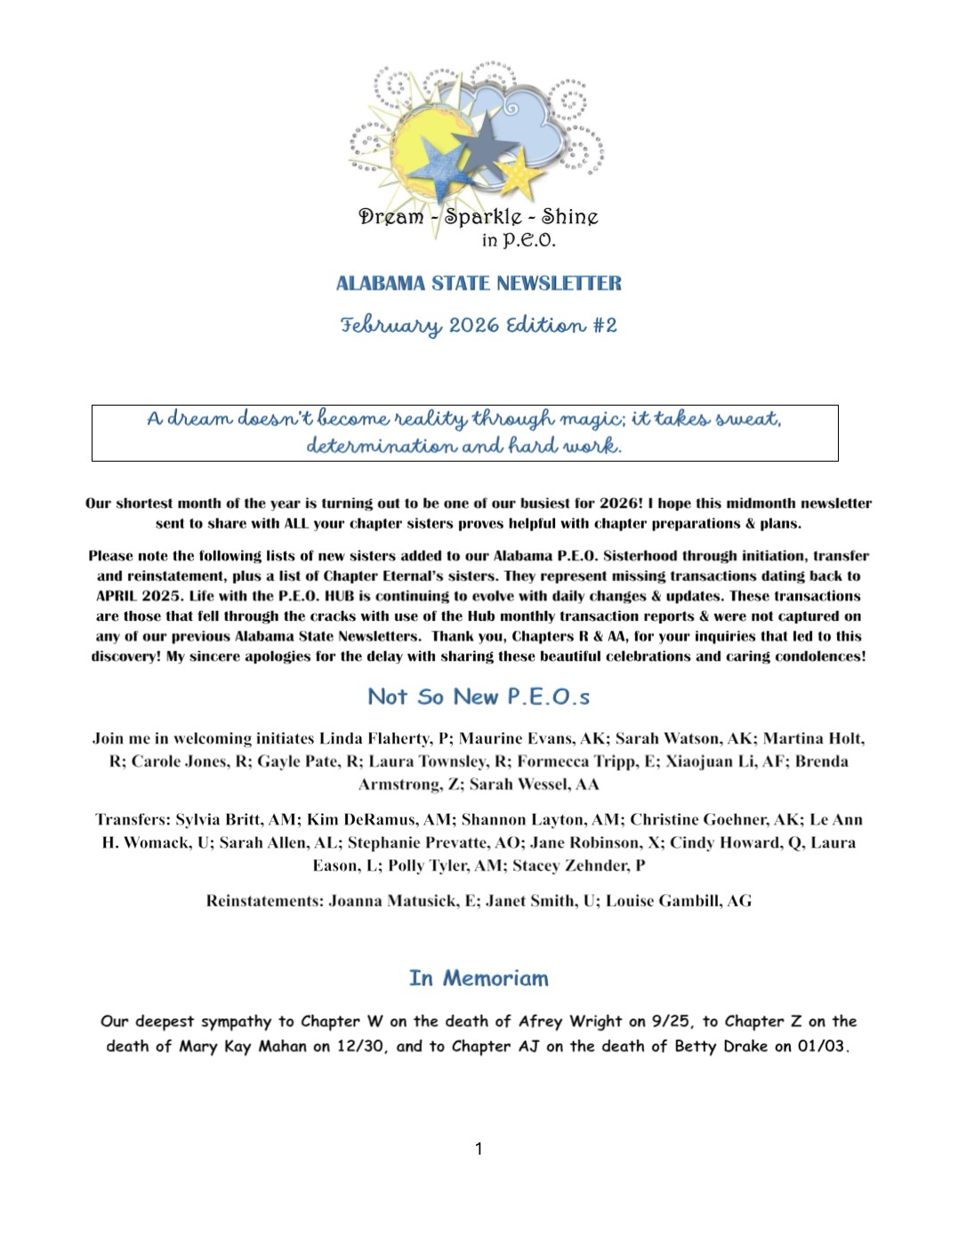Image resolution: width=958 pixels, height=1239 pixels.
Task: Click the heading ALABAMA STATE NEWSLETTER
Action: tap(479, 284)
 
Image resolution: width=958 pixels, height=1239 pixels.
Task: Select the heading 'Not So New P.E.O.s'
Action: tap(479, 696)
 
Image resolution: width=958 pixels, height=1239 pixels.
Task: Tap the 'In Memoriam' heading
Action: tap(479, 978)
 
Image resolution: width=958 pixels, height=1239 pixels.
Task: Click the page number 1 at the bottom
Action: tap(479, 1148)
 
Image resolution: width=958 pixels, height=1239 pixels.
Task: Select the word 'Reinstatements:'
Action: tap(264, 901)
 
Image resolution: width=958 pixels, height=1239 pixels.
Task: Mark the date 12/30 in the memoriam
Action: tap(361, 1047)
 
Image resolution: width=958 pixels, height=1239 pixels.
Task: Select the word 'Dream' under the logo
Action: tap(390, 217)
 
